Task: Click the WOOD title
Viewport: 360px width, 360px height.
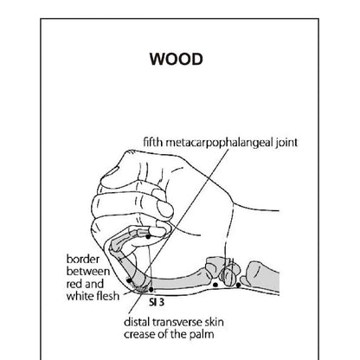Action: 177,59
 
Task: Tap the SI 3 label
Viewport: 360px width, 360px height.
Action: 157,302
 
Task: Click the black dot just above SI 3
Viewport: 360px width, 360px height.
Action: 151,289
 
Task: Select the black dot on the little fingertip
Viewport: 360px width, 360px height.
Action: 148,237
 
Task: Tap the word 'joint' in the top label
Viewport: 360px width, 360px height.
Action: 286,143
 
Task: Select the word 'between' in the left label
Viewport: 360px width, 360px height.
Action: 88,272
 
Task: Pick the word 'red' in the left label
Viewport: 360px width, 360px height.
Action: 74,284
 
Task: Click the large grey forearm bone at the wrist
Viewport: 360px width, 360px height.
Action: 263,275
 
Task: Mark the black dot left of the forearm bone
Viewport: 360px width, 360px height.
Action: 238,285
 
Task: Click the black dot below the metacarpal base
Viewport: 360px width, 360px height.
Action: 215,285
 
